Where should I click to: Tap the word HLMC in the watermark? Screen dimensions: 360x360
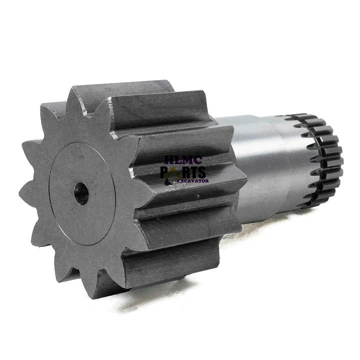[x=183, y=160]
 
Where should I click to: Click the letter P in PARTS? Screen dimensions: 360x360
[x=165, y=172]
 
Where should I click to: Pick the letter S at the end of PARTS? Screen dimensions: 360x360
[x=201, y=172]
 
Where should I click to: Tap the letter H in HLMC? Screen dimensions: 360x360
[x=169, y=160]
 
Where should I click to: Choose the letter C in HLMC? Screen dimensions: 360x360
[x=198, y=160]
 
